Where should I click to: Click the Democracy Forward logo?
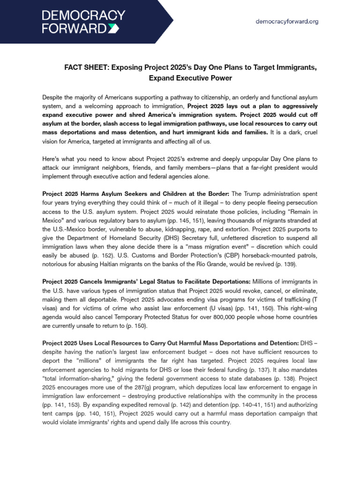[84, 22]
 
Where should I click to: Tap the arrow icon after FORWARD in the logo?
[120, 29]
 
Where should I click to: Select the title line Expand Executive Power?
[190, 78]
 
